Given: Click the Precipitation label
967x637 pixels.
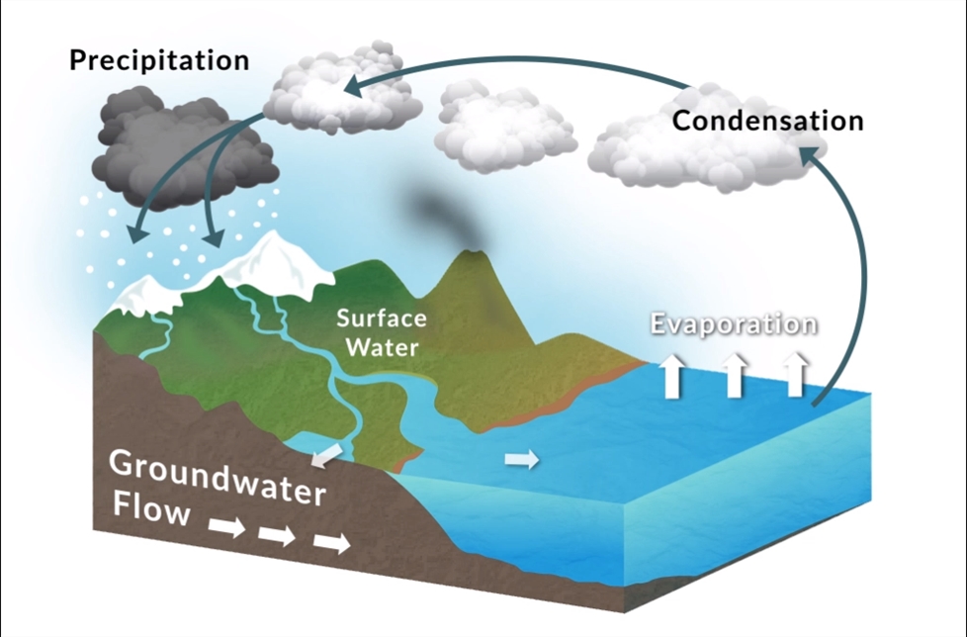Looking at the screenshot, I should [x=158, y=60].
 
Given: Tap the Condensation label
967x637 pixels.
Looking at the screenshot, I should [x=767, y=121].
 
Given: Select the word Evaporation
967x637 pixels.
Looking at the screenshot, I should [x=733, y=324].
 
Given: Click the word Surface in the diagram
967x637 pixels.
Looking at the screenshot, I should [x=381, y=319].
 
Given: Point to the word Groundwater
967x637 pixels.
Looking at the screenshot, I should [x=217, y=477].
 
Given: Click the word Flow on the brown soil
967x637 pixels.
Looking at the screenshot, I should [x=149, y=512].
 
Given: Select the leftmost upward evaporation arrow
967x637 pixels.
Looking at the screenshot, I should [x=672, y=377].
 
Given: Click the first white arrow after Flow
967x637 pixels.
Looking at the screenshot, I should [x=226, y=526].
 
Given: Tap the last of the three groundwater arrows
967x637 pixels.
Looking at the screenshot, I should [x=332, y=543].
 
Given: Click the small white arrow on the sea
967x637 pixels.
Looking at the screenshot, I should [x=521, y=459].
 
